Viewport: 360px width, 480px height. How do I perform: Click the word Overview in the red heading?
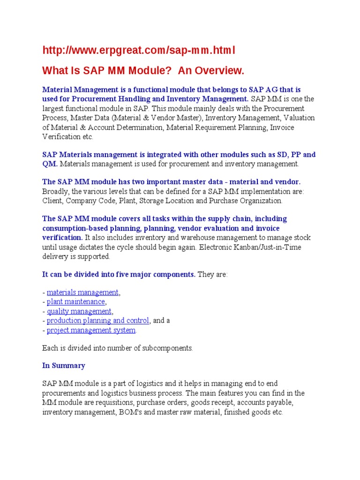(217, 71)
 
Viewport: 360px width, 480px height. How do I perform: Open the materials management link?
(83, 292)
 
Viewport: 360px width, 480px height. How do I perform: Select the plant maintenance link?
(76, 302)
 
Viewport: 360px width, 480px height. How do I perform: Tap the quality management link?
(79, 311)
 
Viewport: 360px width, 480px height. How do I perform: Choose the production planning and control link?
(98, 321)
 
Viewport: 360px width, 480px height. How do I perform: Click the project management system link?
(91, 330)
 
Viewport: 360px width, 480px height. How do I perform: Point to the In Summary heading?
(64, 366)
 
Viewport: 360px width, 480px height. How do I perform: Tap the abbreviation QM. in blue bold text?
(50, 164)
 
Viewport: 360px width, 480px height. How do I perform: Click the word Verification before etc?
(60, 137)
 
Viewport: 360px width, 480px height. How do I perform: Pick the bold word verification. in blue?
(62, 238)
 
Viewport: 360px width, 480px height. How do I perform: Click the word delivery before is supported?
(55, 256)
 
